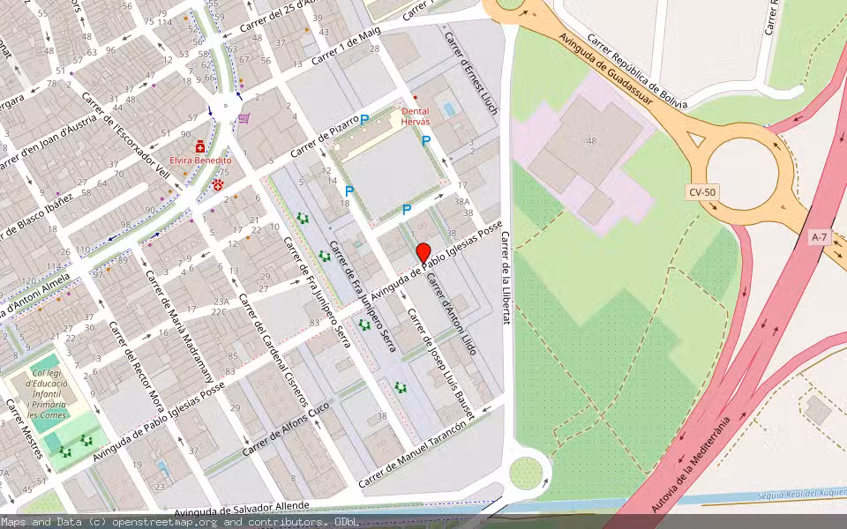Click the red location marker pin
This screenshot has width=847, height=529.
click(423, 252)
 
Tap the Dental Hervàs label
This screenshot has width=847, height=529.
click(416, 117)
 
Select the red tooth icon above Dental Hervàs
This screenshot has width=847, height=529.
click(415, 97)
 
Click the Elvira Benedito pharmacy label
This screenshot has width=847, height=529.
click(200, 160)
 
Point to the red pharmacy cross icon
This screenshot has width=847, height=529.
click(200, 145)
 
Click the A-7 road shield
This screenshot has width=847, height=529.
click(820, 236)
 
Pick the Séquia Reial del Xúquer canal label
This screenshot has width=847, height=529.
click(799, 496)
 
